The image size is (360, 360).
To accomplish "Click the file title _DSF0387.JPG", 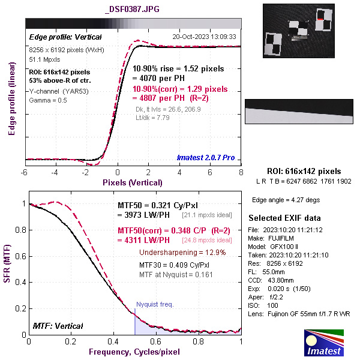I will [132, 10].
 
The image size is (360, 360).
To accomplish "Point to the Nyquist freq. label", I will [155, 304].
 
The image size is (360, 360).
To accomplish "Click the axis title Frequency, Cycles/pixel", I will [134, 350].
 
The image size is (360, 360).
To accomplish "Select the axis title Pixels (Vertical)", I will [133, 182].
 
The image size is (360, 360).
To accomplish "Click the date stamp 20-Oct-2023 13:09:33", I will [204, 37].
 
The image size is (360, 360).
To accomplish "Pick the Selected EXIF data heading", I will [285, 217].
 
